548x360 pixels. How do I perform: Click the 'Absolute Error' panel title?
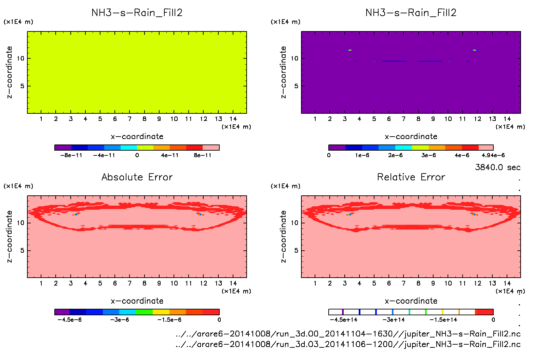pyautogui.click(x=137, y=177)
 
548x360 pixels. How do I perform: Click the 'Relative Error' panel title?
pyautogui.click(x=411, y=177)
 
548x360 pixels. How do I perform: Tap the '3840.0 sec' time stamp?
pyautogui.click(x=497, y=167)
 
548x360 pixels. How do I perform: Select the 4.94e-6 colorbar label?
pyautogui.click(x=493, y=155)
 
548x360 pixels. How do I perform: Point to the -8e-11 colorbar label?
pyautogui.click(x=71, y=155)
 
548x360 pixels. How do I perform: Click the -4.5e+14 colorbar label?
pyautogui.click(x=343, y=320)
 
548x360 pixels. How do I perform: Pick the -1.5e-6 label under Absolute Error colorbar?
pyautogui.click(x=169, y=320)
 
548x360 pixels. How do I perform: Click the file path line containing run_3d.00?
pyautogui.click(x=348, y=334)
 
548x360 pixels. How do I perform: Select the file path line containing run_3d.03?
pyautogui.click(x=348, y=344)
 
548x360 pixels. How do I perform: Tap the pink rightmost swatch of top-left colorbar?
pyautogui.click(x=211, y=148)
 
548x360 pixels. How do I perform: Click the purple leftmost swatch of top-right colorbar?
pyautogui.click(x=337, y=148)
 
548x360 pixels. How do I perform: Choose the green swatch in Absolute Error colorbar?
pyautogui.click(x=144, y=312)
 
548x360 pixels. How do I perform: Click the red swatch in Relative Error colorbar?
pyautogui.click(x=484, y=312)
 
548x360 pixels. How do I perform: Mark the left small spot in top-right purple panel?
pyautogui.click(x=350, y=50)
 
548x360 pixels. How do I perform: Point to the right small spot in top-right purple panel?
pyautogui.click(x=474, y=50)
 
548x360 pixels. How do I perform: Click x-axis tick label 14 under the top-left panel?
pyautogui.click(x=233, y=119)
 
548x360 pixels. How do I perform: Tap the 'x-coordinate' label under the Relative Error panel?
pyautogui.click(x=411, y=301)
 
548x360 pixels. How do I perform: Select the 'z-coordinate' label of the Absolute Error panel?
pyautogui.click(x=10, y=236)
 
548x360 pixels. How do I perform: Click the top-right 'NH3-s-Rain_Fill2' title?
pyautogui.click(x=411, y=13)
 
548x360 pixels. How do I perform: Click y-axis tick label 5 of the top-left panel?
pyautogui.click(x=22, y=86)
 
